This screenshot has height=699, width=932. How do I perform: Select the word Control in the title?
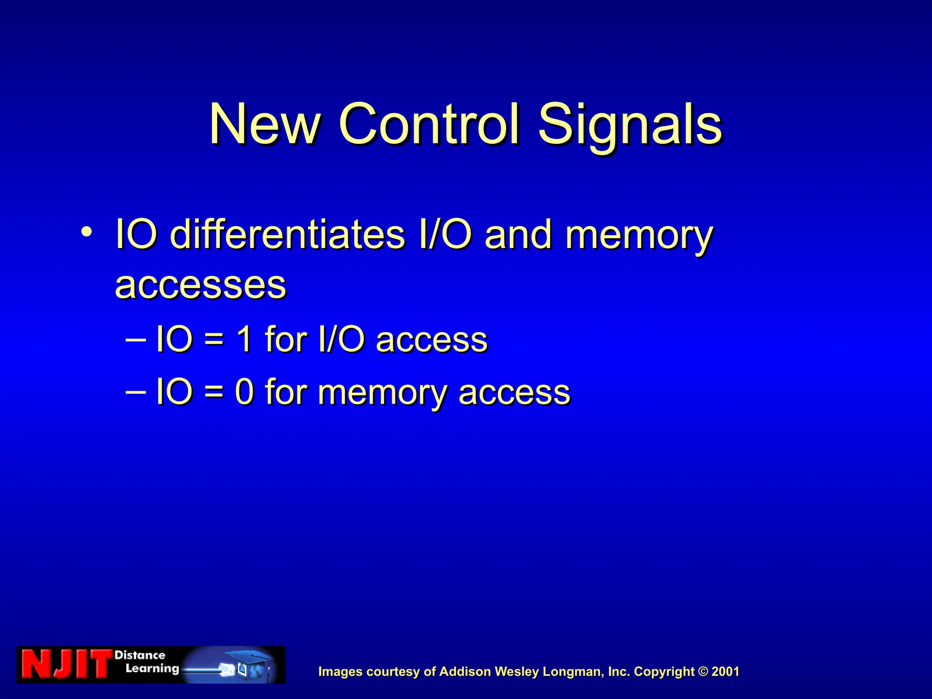pyautogui.click(x=429, y=124)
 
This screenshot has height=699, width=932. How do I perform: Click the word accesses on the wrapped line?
pyautogui.click(x=201, y=285)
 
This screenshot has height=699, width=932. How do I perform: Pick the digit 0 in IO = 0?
pyautogui.click(x=244, y=392)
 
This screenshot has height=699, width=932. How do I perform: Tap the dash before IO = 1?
pyautogui.click(x=135, y=339)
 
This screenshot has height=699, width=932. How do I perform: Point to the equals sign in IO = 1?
pyautogui.click(x=214, y=340)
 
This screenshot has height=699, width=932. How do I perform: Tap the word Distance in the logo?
pyautogui.click(x=140, y=655)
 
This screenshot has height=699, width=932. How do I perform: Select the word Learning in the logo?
pyautogui.click(x=152, y=669)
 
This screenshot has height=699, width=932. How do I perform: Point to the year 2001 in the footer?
pyautogui.click(x=725, y=672)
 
